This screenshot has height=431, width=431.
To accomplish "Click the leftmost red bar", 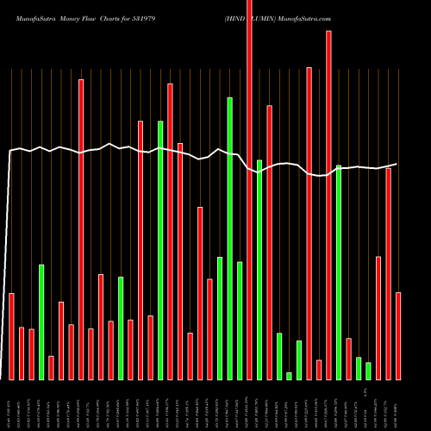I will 11,336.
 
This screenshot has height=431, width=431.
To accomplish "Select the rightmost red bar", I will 398,336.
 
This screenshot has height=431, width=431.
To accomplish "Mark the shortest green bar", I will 290,376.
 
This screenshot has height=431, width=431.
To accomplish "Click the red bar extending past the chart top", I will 250,190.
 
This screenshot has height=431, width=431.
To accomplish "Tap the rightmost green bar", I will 368,371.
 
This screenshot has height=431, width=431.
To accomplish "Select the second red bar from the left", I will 22,353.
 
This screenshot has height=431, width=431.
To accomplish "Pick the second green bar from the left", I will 121,328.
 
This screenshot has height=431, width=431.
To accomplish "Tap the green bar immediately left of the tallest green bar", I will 220,318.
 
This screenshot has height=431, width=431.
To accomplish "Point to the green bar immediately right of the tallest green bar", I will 240,320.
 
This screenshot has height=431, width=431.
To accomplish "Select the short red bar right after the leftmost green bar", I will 51,367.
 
